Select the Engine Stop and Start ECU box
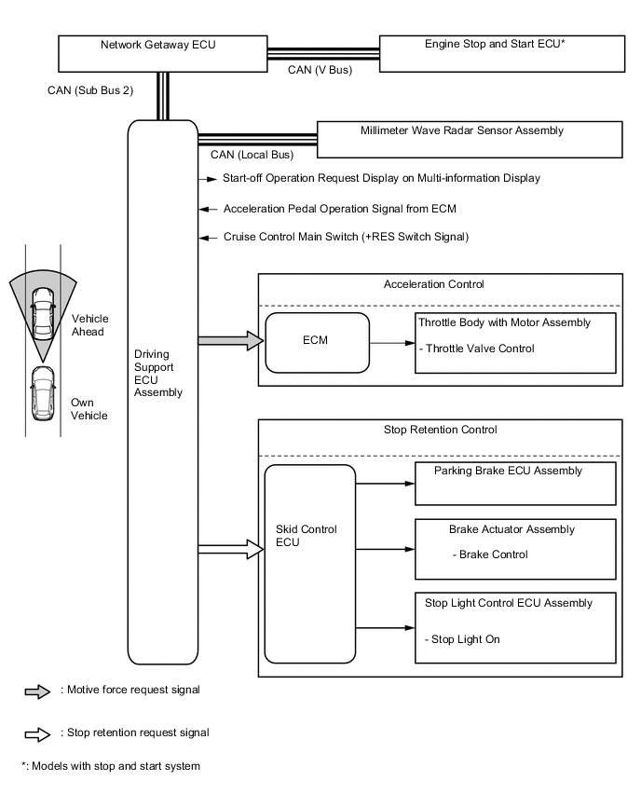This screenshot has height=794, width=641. point(501,53)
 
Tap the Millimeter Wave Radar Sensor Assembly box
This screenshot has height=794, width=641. point(470,139)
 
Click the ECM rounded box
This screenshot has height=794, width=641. point(318,341)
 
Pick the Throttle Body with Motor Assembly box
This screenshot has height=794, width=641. point(516,342)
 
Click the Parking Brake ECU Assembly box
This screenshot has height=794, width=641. point(516,483)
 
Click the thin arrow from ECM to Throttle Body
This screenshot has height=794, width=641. point(391,342)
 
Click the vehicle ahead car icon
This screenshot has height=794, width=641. point(42,313)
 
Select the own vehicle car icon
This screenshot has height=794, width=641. point(42,392)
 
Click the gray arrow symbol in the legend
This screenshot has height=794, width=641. point(37,691)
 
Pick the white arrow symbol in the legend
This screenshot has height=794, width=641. point(37,733)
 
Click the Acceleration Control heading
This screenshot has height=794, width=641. point(440,284)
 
